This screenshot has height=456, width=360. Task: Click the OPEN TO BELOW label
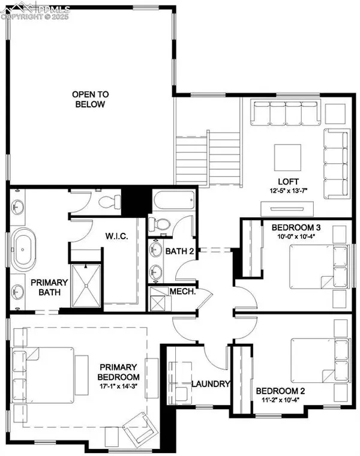[88, 99]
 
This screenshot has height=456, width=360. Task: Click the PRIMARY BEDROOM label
[119, 372]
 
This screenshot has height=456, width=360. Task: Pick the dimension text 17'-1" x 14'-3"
[119, 386]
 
